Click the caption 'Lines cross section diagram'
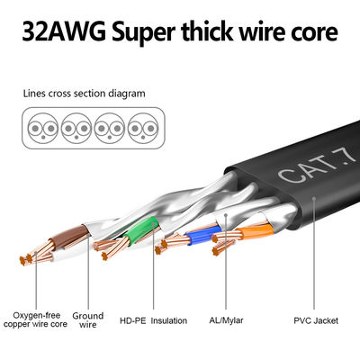(83, 93)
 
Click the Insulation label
(169, 319)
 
